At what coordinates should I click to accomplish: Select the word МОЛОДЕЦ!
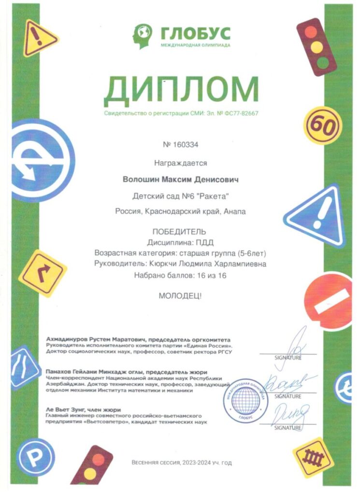(x=181, y=295)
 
